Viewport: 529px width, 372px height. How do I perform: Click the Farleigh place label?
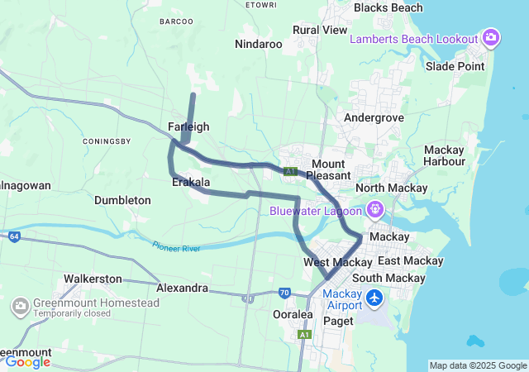point(188,126)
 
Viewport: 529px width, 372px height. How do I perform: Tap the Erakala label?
point(191,182)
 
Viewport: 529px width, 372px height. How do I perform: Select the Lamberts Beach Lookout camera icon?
point(491,37)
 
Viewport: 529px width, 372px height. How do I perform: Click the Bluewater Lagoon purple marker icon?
point(374,209)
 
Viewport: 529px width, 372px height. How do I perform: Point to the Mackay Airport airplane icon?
point(374,296)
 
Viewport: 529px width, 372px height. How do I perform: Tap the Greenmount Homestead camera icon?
point(20,308)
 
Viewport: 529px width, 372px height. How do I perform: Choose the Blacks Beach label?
point(388,8)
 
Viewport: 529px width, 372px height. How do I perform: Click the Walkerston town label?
point(93,279)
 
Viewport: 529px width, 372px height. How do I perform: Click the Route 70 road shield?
point(284,293)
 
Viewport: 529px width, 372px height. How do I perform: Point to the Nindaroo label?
point(259,44)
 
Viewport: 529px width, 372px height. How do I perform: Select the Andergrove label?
point(374,118)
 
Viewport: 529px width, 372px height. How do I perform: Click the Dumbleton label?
point(122,200)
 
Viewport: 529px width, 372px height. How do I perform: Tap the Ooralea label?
point(292,314)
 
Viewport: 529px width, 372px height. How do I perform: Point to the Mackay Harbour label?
point(444,155)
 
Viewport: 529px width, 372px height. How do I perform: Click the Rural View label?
point(320,30)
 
